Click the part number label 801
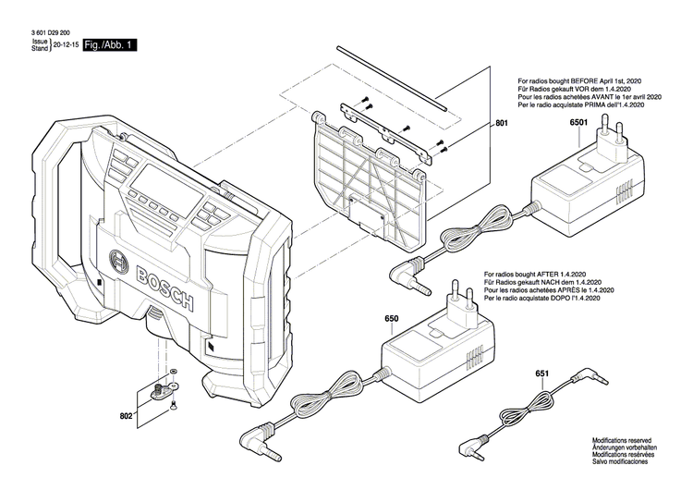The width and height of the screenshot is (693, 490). pos(502,123)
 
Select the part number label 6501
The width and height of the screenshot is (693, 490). pos(580,123)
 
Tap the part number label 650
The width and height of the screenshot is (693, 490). pos(392,318)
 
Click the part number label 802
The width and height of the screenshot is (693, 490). pos(127,391)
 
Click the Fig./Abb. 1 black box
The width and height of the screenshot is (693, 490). pos(110,44)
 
